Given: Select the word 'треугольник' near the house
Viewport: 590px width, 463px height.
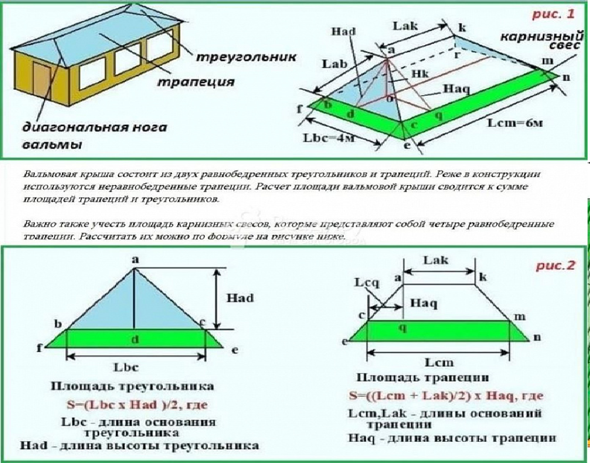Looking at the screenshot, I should coord(245,57).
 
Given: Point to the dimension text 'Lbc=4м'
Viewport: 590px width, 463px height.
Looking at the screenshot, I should coord(329,138).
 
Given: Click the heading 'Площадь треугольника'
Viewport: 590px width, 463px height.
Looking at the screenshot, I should coord(132,386).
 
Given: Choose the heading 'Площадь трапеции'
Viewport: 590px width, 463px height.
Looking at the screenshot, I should coord(423,378).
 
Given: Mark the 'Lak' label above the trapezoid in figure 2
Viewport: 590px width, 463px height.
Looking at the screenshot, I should coord(437,260).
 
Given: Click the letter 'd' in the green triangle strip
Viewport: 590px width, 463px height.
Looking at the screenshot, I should coord(135,339).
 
